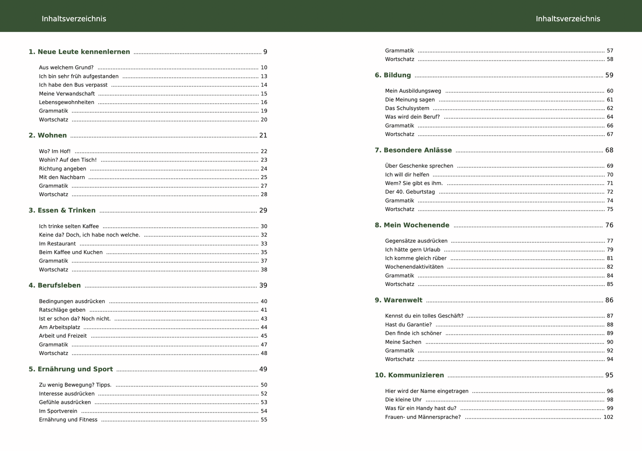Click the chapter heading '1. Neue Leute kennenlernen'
79,52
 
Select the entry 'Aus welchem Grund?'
66,68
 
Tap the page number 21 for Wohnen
263,136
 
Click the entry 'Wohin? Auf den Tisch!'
68,160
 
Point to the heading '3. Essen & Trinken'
62,210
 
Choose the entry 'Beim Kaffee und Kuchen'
71,253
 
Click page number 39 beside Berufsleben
263,286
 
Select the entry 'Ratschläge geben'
62,310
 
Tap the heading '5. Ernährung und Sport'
71,369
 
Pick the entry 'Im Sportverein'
58,411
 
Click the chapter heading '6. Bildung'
393,75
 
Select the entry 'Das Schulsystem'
407,109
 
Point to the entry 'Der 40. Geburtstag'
410,192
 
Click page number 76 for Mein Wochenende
609,225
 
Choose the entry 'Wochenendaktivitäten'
414,267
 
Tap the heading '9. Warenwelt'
399,300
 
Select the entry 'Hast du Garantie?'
408,325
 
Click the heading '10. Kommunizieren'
409,375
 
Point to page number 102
608,417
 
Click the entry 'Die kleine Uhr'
403,400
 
